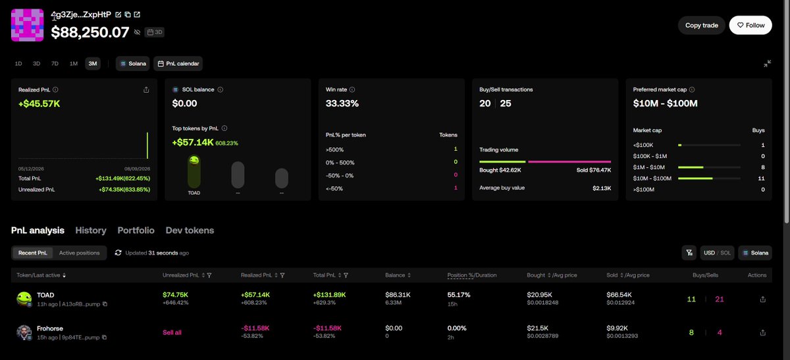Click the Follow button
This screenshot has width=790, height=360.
click(x=750, y=25)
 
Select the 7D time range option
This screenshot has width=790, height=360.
click(x=55, y=63)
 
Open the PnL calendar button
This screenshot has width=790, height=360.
click(x=178, y=63)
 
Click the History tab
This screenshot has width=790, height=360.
click(x=91, y=230)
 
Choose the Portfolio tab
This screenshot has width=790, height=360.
click(x=136, y=230)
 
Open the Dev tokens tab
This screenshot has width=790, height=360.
click(x=190, y=230)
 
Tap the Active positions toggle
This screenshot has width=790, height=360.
click(x=80, y=253)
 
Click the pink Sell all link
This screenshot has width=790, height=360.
click(x=172, y=332)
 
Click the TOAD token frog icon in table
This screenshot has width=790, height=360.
click(x=24, y=299)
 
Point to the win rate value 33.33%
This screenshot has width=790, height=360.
click(x=342, y=103)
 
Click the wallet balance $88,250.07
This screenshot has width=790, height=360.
click(x=90, y=32)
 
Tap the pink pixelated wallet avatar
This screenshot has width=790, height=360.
click(x=27, y=25)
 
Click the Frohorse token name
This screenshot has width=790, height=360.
click(x=50, y=328)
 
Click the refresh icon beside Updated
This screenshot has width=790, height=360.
click(x=118, y=253)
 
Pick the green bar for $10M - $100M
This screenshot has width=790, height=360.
click(x=695, y=178)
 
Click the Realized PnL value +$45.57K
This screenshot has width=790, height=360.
click(x=39, y=104)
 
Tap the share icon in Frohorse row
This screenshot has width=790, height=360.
click(x=762, y=332)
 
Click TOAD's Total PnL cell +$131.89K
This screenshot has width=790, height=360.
click(x=329, y=295)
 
